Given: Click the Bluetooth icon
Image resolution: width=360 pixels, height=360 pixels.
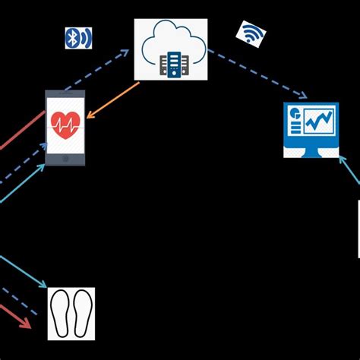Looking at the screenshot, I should [x=78, y=38].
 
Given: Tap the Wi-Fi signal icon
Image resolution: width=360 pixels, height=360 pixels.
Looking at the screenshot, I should [x=251, y=33].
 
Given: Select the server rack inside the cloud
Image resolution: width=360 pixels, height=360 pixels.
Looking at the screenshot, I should [x=172, y=65].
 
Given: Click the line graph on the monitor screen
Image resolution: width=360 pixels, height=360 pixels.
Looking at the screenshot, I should [x=320, y=120].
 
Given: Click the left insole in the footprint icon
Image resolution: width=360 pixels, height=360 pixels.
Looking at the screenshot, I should [x=63, y=313].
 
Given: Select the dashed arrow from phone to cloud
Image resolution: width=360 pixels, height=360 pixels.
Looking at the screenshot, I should [x=103, y=68].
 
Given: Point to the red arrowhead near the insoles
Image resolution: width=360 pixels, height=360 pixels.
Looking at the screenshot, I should [x=26, y=324].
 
